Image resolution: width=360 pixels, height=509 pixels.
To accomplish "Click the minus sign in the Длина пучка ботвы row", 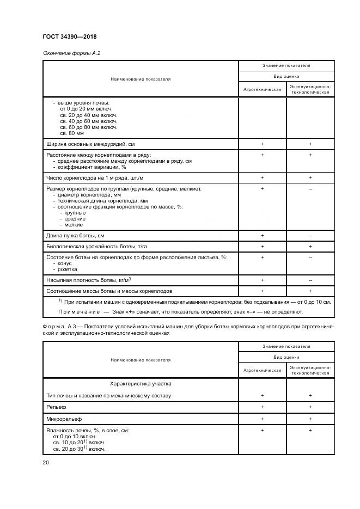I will [310, 235].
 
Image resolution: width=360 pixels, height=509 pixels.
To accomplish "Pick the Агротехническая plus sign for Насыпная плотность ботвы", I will [262, 279].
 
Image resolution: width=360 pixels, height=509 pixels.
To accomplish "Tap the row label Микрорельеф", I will [62, 419].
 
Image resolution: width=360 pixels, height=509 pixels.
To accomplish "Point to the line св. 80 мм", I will [72, 133].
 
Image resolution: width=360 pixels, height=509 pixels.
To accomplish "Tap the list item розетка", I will [68, 269].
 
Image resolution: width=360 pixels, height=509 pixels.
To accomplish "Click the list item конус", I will [66, 263].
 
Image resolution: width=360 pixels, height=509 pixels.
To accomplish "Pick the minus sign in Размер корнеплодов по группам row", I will [310, 188].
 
